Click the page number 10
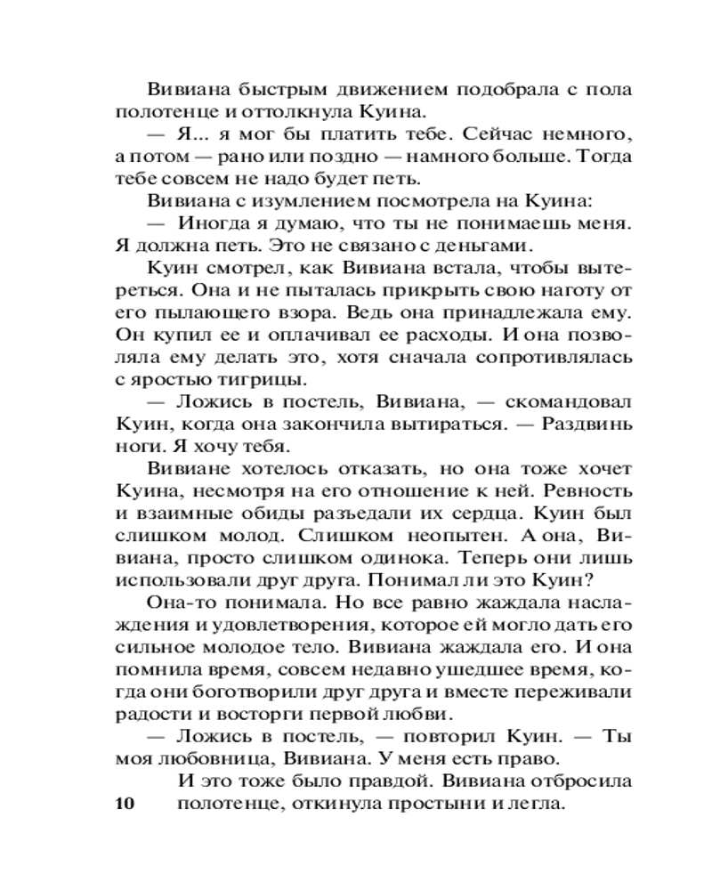tap(124, 805)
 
